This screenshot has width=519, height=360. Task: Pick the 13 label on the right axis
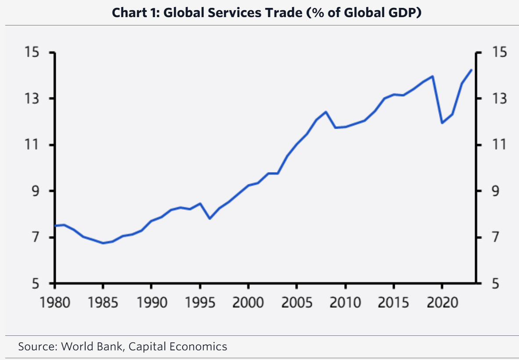tap(498, 99)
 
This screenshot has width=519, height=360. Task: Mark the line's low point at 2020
tap(442, 123)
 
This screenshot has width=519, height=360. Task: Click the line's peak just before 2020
tap(433, 76)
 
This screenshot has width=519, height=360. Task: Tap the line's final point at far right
tap(472, 70)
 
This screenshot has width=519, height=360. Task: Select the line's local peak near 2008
tap(326, 112)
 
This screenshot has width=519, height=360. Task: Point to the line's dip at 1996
tap(210, 218)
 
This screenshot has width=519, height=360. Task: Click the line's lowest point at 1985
tap(103, 243)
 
